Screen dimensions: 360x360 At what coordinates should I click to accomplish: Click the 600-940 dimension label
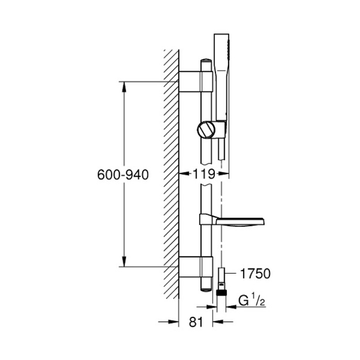(x=123, y=175)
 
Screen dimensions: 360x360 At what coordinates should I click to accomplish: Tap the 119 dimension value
(x=204, y=174)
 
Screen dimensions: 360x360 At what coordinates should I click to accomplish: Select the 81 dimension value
(x=196, y=322)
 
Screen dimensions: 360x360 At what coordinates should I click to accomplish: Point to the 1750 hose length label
(x=255, y=274)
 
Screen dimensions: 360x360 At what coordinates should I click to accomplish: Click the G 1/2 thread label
(x=252, y=301)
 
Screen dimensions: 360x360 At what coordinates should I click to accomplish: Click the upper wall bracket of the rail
(x=196, y=82)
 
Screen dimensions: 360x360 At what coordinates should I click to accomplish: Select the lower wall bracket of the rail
(x=196, y=267)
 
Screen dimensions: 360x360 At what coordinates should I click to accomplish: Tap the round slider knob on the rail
(x=206, y=130)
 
